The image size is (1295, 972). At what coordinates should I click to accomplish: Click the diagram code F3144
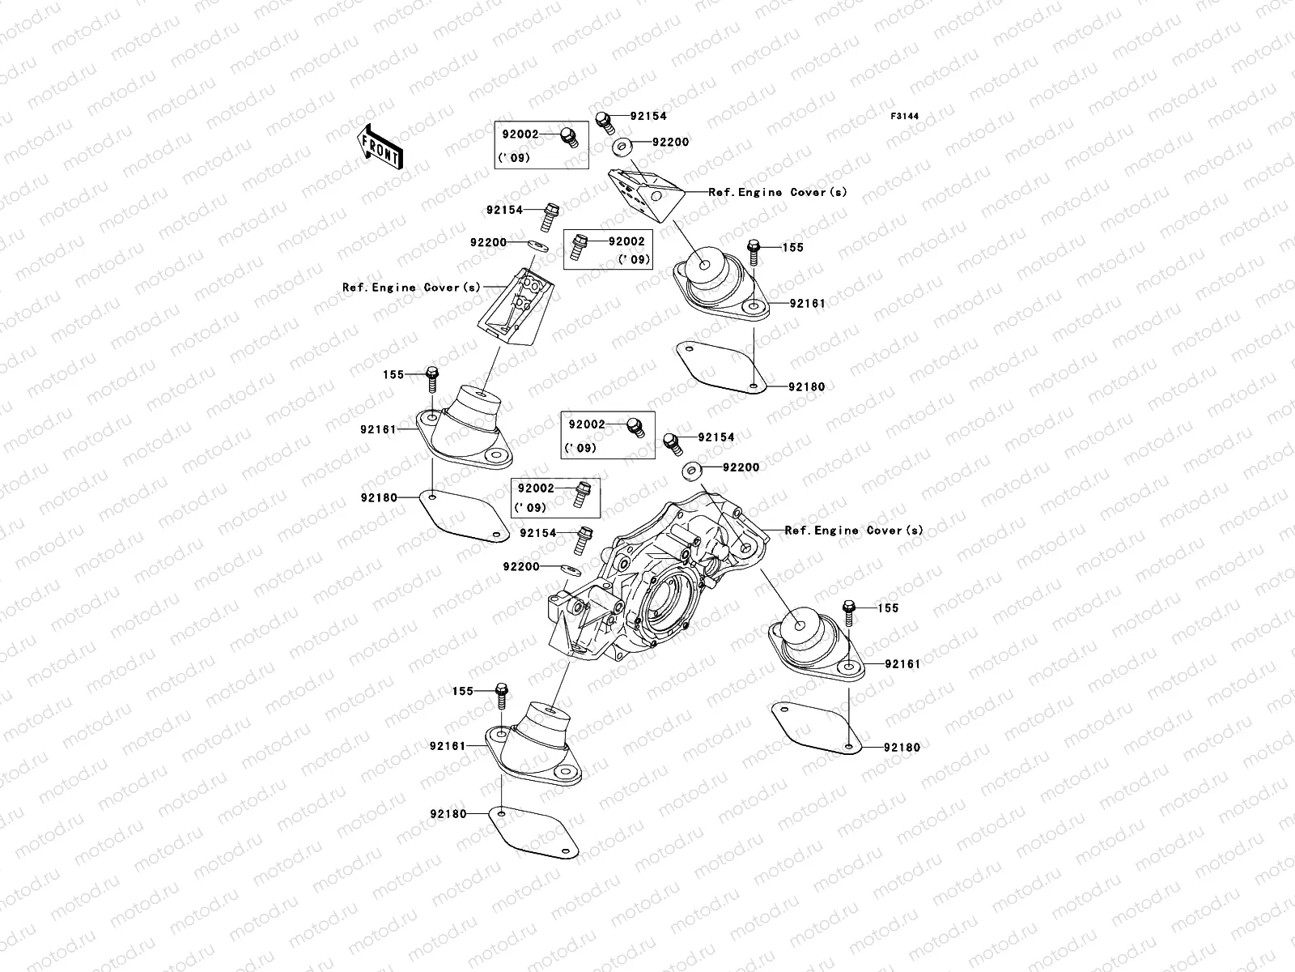(x=906, y=117)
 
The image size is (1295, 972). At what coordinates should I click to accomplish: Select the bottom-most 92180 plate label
(x=448, y=814)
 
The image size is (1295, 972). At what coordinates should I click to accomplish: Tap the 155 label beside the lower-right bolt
(x=887, y=608)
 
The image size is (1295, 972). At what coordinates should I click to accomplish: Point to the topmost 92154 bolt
(x=603, y=121)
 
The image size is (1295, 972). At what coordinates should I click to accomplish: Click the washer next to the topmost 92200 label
(x=645, y=146)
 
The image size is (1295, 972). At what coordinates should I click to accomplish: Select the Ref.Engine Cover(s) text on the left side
(x=411, y=288)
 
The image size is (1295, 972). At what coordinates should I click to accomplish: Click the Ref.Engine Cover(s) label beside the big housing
(x=854, y=531)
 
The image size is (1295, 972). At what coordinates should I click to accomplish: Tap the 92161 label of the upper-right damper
(x=808, y=304)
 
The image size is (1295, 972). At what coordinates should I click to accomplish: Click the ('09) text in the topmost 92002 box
(x=515, y=158)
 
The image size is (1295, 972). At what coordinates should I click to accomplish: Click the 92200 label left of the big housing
(x=520, y=567)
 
